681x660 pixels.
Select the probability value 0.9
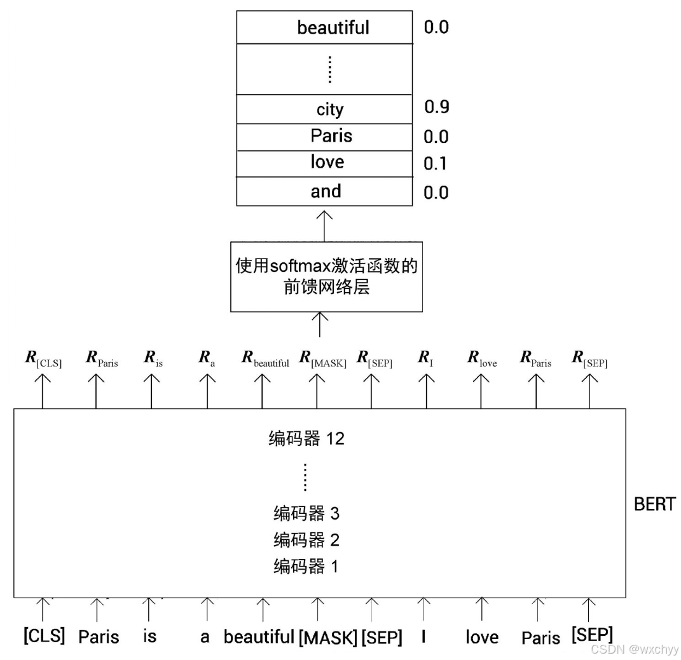[x=437, y=107]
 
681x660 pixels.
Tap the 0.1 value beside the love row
[x=436, y=164]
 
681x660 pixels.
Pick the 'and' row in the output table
[x=325, y=191]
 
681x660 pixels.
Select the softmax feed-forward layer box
[x=326, y=276]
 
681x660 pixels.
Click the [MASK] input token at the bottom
[x=327, y=636]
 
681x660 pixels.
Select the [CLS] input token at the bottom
[x=44, y=635]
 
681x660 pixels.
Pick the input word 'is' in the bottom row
[x=149, y=636]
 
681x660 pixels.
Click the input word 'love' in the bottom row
[x=482, y=637]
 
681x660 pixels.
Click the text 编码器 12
[x=306, y=438]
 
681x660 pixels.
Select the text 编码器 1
[x=306, y=567]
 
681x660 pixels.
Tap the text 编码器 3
[x=306, y=513]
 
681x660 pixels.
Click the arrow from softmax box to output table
[x=325, y=224]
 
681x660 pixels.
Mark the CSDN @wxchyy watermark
[x=634, y=649]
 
